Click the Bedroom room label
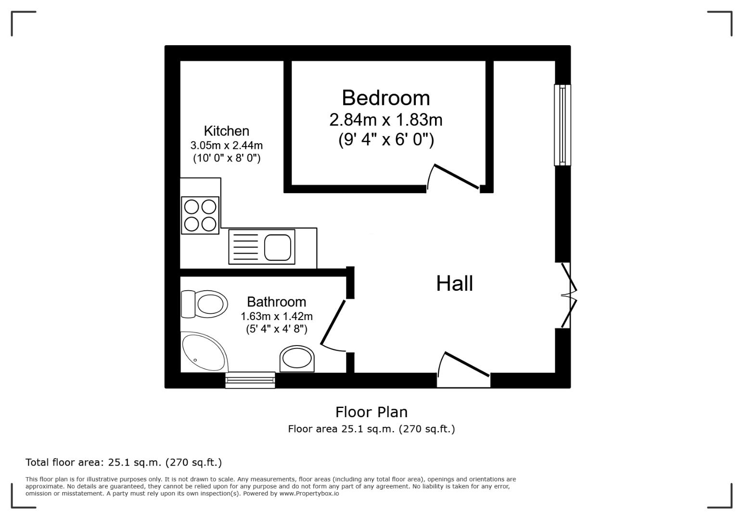(385, 98)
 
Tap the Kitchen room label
(226, 131)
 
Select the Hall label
(454, 284)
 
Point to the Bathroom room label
(276, 302)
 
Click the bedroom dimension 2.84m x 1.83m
(385, 120)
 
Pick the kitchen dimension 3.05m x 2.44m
(226, 145)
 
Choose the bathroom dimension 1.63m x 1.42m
(276, 316)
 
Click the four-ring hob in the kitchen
(200, 215)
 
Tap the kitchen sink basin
(278, 247)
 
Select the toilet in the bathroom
(205, 304)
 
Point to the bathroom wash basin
(297, 358)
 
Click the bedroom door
(455, 177)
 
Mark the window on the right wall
(562, 125)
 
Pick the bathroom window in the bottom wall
(250, 380)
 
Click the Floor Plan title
(371, 412)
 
